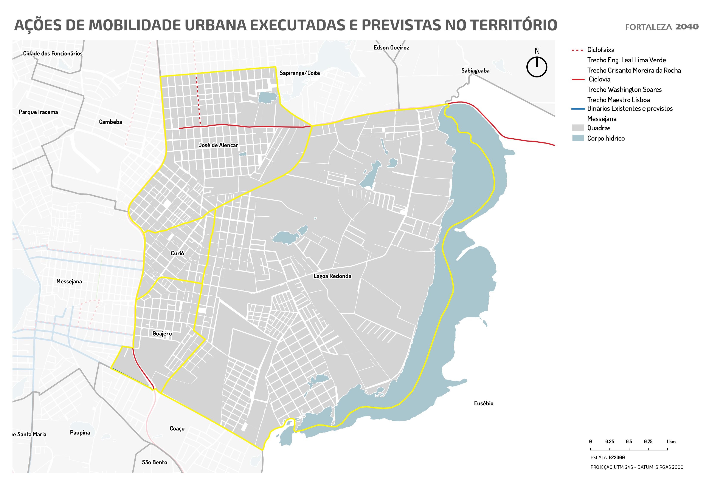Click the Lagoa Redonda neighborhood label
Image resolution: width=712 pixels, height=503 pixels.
332,276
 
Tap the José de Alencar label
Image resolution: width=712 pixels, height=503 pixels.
218,145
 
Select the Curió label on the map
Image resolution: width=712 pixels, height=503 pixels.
177,253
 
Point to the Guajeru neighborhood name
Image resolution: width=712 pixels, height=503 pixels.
162,333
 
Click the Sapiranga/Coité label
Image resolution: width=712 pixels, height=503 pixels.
299,73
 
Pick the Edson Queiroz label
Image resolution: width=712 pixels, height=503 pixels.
391,47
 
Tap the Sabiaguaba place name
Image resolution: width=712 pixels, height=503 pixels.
475,71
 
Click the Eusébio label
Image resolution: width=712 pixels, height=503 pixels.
483,403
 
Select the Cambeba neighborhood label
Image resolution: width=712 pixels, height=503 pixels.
110,122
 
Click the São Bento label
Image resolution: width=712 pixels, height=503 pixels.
154,462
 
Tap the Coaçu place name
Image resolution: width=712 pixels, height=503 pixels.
177,428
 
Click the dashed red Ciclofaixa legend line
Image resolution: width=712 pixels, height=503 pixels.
577,50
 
